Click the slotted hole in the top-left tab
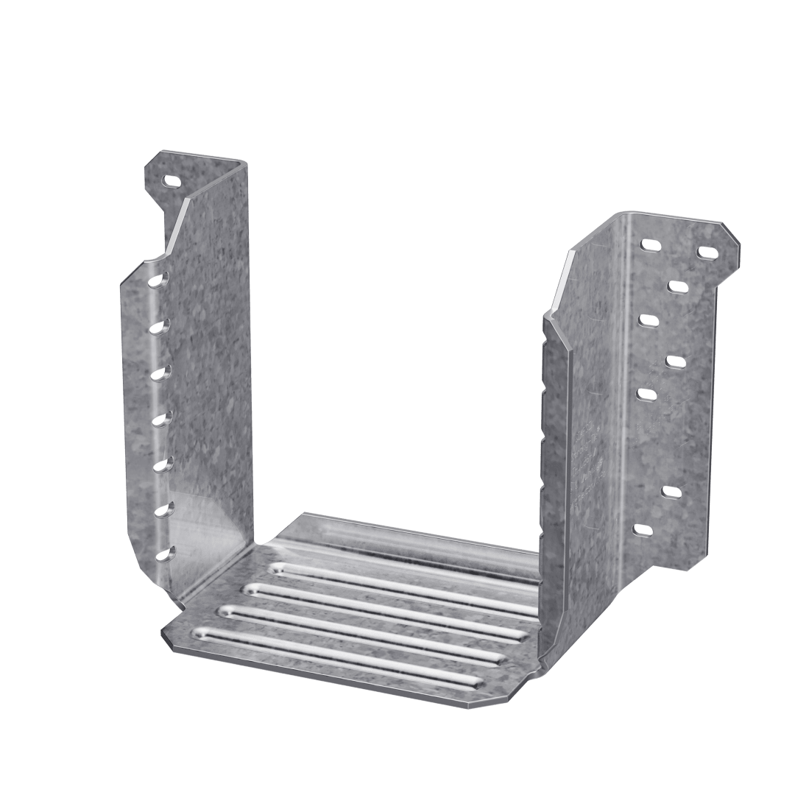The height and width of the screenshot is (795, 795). click(x=172, y=179)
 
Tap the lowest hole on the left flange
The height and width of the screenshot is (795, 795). click(x=163, y=554)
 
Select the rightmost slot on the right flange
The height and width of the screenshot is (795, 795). click(x=707, y=252)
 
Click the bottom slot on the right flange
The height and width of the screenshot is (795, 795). click(x=643, y=529)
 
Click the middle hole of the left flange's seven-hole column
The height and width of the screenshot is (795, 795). click(x=158, y=420)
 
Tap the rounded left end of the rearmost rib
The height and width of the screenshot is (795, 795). click(x=278, y=568)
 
